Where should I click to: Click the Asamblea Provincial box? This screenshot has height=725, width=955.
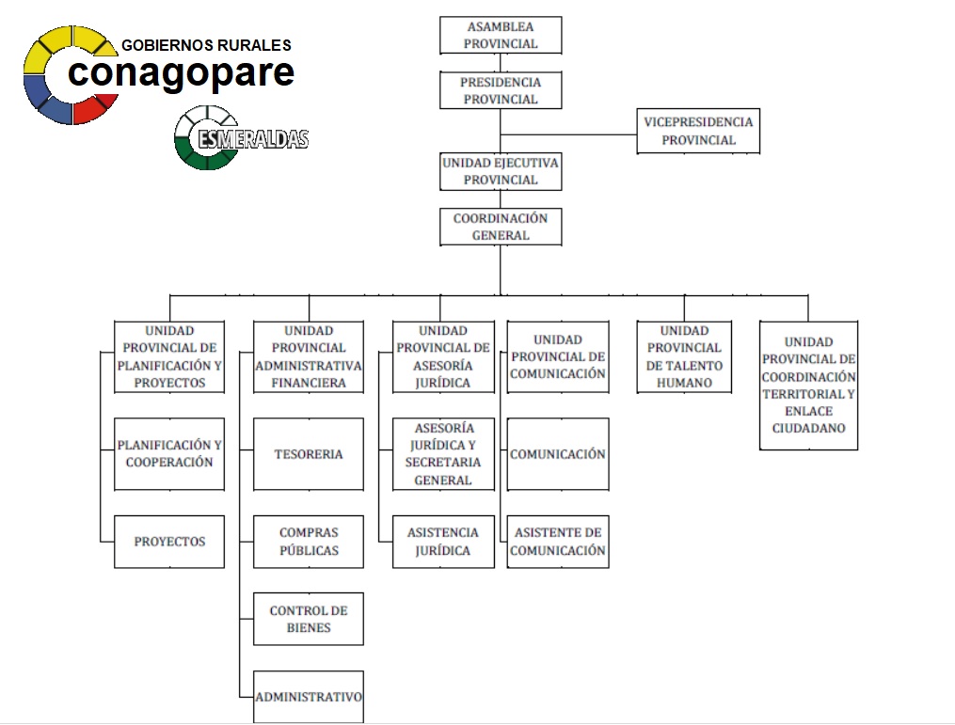(x=501, y=36)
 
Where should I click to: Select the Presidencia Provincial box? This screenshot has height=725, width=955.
(x=501, y=90)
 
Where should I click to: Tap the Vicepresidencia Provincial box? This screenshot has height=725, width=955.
(x=698, y=131)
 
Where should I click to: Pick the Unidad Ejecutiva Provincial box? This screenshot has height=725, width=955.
(x=501, y=172)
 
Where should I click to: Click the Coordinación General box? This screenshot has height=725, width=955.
(x=501, y=227)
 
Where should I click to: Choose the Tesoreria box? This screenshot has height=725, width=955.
(x=309, y=454)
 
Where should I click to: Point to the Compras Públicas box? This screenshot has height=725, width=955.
(x=309, y=542)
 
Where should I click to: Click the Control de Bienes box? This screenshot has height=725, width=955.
(x=309, y=619)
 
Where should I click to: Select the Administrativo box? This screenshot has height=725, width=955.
(x=309, y=697)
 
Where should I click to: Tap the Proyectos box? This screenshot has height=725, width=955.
(x=169, y=542)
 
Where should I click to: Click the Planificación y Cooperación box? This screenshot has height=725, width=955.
(x=169, y=454)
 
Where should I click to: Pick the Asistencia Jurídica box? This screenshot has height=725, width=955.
(x=443, y=542)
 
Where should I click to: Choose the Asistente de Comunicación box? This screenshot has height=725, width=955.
(x=558, y=542)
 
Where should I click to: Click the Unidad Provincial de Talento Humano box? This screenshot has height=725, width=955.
(x=685, y=357)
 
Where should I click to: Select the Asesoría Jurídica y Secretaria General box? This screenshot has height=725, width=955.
(x=443, y=454)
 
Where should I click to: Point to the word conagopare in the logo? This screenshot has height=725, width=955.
(x=181, y=73)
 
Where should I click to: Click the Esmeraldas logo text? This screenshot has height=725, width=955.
(x=253, y=139)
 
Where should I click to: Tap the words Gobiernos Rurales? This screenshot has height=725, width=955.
(x=206, y=45)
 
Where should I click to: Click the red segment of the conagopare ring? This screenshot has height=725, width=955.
(x=95, y=108)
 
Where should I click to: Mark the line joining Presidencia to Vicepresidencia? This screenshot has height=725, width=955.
(x=569, y=134)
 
